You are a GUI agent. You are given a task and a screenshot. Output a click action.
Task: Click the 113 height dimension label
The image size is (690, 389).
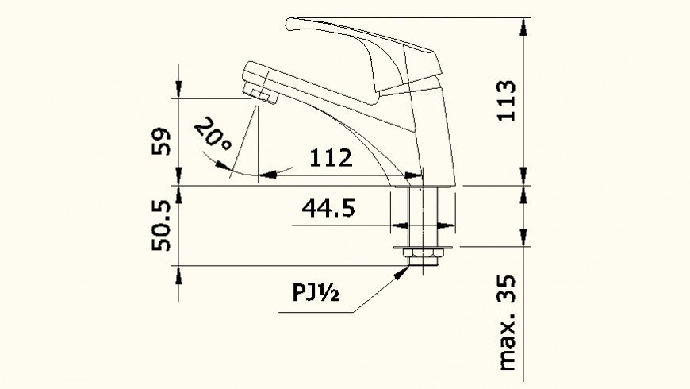(505, 100)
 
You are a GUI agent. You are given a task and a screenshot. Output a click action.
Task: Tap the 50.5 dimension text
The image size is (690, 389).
(162, 225)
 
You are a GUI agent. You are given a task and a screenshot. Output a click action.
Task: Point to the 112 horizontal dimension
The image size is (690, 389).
(331, 158)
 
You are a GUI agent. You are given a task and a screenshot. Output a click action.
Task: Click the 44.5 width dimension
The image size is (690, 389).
(328, 209)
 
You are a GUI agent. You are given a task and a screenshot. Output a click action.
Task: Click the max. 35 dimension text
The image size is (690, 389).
(506, 323)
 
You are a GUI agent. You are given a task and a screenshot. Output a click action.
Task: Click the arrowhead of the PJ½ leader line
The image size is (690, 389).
(404, 271)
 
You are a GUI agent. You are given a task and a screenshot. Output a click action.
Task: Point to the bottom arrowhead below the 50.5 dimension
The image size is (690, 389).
(179, 275)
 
